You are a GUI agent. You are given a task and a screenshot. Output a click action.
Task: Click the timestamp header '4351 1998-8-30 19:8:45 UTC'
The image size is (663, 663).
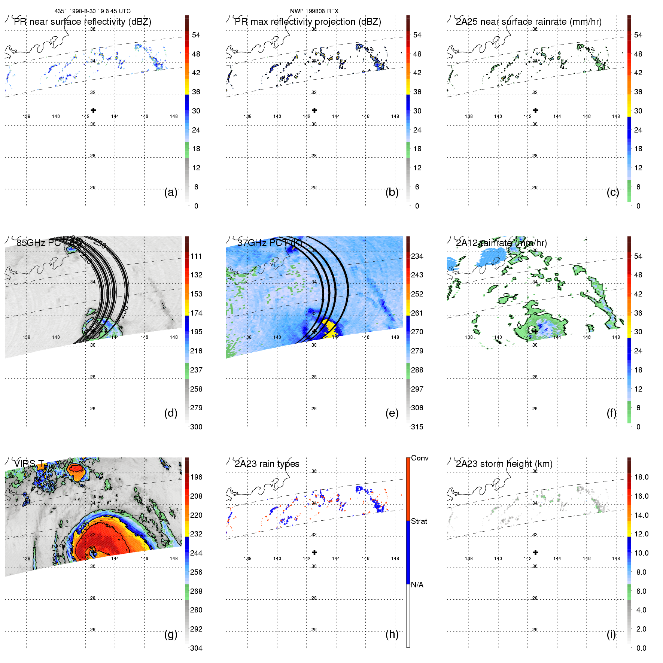pos(92,11)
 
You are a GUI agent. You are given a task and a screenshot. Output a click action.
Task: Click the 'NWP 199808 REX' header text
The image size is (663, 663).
pos(314,11)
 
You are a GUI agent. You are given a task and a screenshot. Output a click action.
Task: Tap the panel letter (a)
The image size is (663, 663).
pos(171,192)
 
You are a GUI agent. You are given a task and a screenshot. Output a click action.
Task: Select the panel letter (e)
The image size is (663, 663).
pos(392,413)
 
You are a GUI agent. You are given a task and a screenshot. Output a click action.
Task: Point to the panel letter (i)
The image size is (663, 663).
pos(611,634)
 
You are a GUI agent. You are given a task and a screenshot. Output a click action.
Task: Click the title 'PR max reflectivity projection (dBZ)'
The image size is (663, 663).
pos(308,22)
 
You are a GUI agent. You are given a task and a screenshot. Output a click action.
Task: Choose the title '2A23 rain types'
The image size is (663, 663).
pos(267,464)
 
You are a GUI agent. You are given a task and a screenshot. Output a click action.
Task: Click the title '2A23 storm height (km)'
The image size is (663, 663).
pos(504,464)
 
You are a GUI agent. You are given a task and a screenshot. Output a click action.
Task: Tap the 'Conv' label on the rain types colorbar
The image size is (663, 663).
pos(420,458)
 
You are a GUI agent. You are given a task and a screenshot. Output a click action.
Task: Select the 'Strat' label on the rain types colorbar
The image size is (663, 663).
pos(419,521)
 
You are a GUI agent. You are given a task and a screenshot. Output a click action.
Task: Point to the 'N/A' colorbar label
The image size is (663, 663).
pos(417,585)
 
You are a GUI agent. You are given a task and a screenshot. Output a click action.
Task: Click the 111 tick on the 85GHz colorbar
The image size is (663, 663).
pos(196,256)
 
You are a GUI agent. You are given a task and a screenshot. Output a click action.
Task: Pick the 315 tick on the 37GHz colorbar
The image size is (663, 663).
pos(417,427)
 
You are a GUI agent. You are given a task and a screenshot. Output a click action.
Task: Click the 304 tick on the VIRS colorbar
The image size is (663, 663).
pos(196,648)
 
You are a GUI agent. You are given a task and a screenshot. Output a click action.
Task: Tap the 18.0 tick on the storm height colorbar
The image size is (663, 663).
pos(641,477)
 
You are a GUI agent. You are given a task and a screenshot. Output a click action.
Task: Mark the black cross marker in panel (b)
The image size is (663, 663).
pos(314,110)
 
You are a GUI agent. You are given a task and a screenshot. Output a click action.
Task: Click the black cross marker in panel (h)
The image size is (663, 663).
pos(314,552)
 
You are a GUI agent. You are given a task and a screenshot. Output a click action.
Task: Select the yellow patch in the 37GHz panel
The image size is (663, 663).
pos(329,329)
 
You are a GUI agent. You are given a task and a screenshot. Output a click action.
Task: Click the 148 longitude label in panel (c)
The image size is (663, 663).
pos(616,116)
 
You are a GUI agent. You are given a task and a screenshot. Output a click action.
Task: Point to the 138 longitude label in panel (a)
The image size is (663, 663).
pos(27,116)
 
